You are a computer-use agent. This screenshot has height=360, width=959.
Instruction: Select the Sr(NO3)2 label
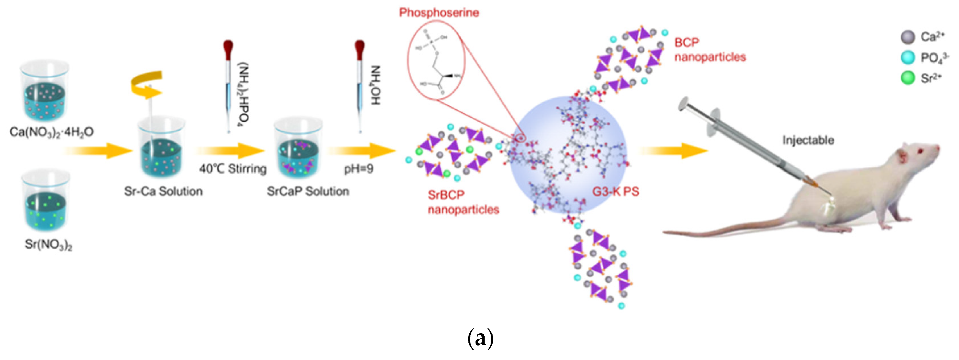click(x=48, y=245)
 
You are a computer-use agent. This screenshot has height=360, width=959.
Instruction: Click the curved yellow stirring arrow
click(x=147, y=85)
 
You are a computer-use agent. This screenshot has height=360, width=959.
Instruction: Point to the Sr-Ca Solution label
click(x=163, y=191)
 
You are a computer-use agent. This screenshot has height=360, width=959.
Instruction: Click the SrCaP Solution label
click(x=308, y=191)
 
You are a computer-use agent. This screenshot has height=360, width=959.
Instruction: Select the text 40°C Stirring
click(x=233, y=169)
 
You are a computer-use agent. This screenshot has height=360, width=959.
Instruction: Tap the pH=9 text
click(x=358, y=169)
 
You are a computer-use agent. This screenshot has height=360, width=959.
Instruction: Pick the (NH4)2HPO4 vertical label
click(x=244, y=93)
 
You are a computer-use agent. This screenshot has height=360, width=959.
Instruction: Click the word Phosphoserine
click(x=439, y=13)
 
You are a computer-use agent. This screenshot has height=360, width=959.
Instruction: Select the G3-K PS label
click(x=616, y=191)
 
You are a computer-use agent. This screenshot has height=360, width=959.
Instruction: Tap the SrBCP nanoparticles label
click(x=463, y=202)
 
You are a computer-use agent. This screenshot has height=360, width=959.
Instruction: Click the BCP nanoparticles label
click(x=709, y=49)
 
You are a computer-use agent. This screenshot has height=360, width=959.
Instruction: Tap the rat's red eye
click(x=919, y=151)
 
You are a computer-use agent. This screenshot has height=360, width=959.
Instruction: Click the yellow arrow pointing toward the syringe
click(x=673, y=150)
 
